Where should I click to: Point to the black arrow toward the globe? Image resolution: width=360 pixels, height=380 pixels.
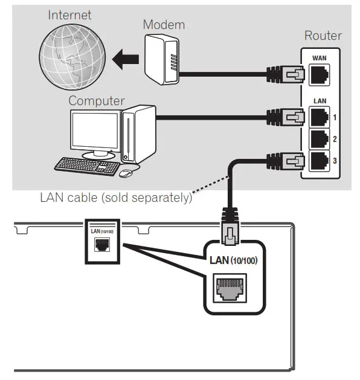pyautogui.click(x=126, y=60)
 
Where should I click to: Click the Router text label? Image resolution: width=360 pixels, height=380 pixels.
pyautogui.click(x=322, y=36)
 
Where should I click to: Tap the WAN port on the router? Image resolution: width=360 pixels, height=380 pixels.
pyautogui.click(x=318, y=76)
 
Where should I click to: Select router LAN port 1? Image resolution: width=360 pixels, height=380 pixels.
pyautogui.click(x=318, y=115)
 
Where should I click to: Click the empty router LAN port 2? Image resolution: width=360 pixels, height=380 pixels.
pyautogui.click(x=318, y=138)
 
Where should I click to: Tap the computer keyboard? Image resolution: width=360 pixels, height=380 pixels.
pyautogui.click(x=86, y=166)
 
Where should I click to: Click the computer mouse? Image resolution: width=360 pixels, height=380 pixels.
pyautogui.click(x=126, y=173)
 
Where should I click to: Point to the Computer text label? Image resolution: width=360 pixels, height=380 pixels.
pyautogui.click(x=97, y=101)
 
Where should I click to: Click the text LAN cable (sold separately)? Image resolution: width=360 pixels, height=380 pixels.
pyautogui.click(x=115, y=198)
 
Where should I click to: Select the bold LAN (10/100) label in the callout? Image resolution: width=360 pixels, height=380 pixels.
pyautogui.click(x=234, y=260)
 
